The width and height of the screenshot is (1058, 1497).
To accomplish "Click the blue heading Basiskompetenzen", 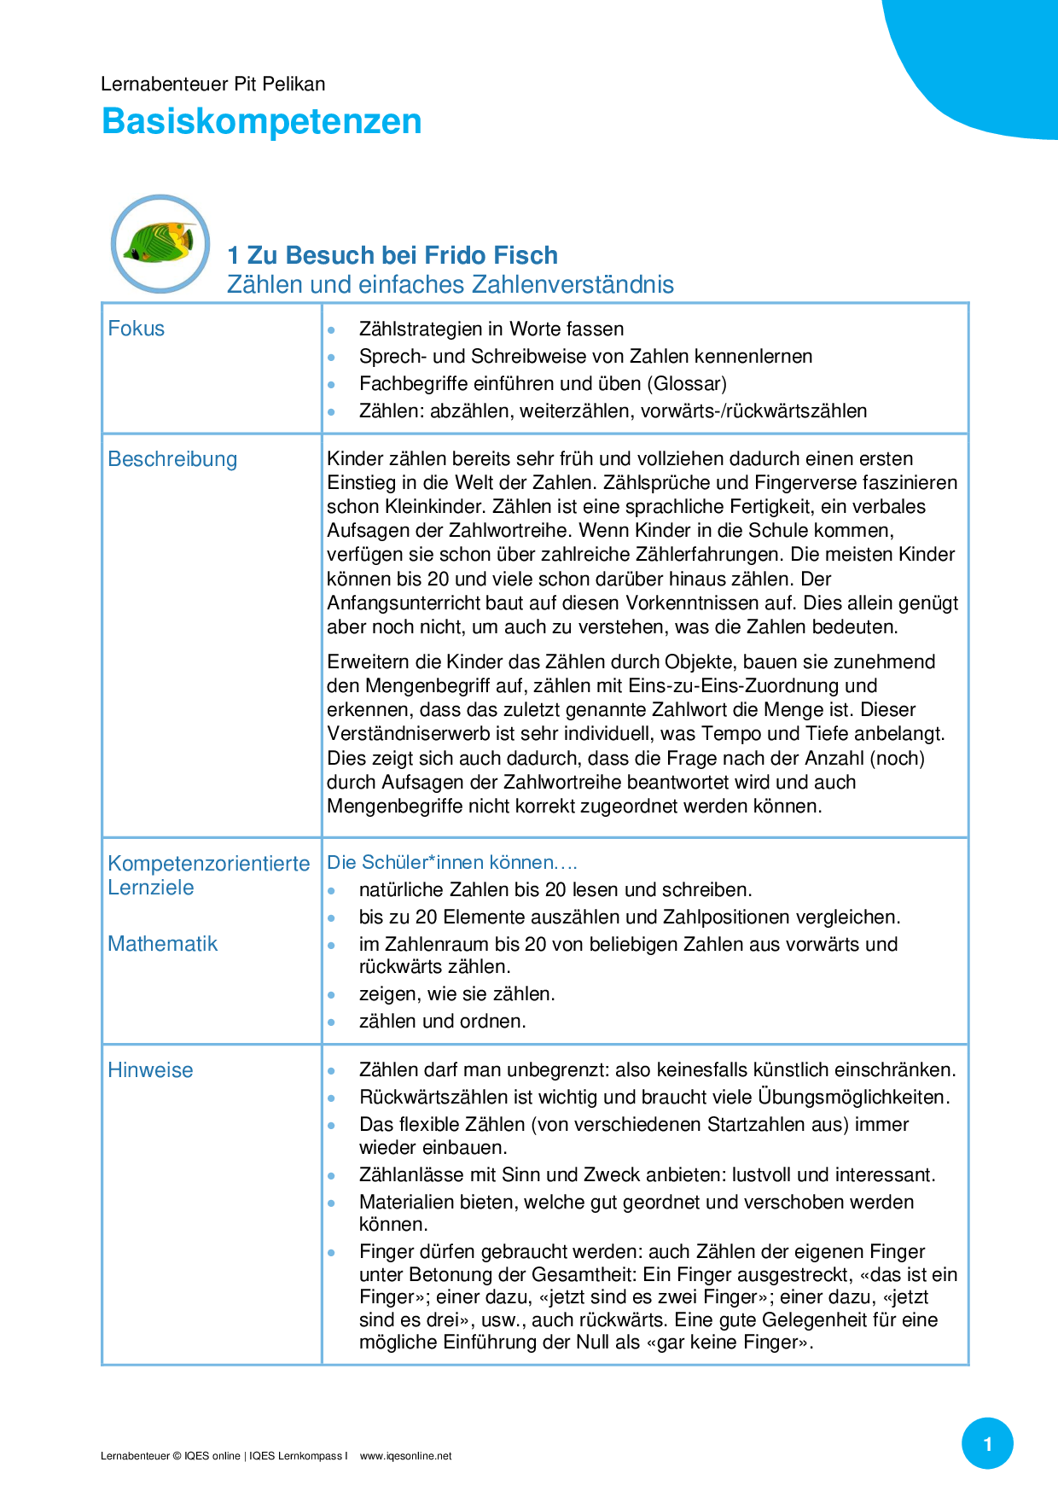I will click(261, 121).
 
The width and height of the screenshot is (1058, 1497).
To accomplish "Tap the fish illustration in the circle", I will click(160, 243).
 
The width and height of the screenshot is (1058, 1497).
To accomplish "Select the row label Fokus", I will click(136, 329).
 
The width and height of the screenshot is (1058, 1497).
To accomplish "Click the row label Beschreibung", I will click(172, 459).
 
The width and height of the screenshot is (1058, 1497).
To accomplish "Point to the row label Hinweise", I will click(150, 1070).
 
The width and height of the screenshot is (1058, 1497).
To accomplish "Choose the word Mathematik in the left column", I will click(162, 944).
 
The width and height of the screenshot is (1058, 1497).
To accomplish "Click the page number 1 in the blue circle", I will click(987, 1444).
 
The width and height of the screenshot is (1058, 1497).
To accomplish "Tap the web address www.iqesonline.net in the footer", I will click(405, 1456).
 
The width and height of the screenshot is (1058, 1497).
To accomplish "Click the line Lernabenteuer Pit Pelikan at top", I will click(212, 84).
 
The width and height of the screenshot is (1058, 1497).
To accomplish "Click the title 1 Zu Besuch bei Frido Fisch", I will click(392, 255).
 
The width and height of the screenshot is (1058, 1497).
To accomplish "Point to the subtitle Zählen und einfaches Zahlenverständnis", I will click(450, 284).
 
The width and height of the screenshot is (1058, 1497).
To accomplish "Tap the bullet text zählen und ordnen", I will click(442, 1022).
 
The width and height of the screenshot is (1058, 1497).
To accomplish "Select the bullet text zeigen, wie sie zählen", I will click(456, 994).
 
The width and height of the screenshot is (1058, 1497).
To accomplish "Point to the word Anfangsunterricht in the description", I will click(404, 603).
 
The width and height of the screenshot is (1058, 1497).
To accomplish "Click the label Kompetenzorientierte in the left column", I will click(208, 864).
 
